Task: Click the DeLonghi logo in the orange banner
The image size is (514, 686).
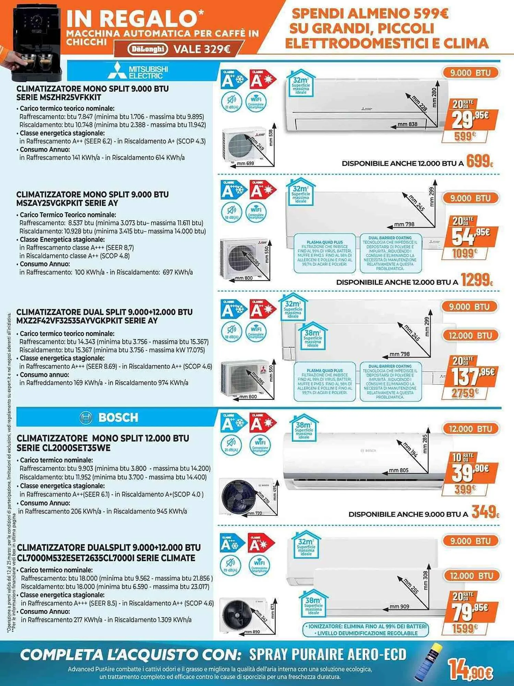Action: pos(147,49)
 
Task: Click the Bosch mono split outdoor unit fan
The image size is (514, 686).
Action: pos(237,496)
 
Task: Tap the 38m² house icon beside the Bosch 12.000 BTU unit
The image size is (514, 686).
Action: pos(304,428)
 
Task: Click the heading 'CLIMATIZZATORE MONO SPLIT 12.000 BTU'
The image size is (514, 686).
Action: pos(103,438)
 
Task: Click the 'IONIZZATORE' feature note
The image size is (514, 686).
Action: pos(367,626)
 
